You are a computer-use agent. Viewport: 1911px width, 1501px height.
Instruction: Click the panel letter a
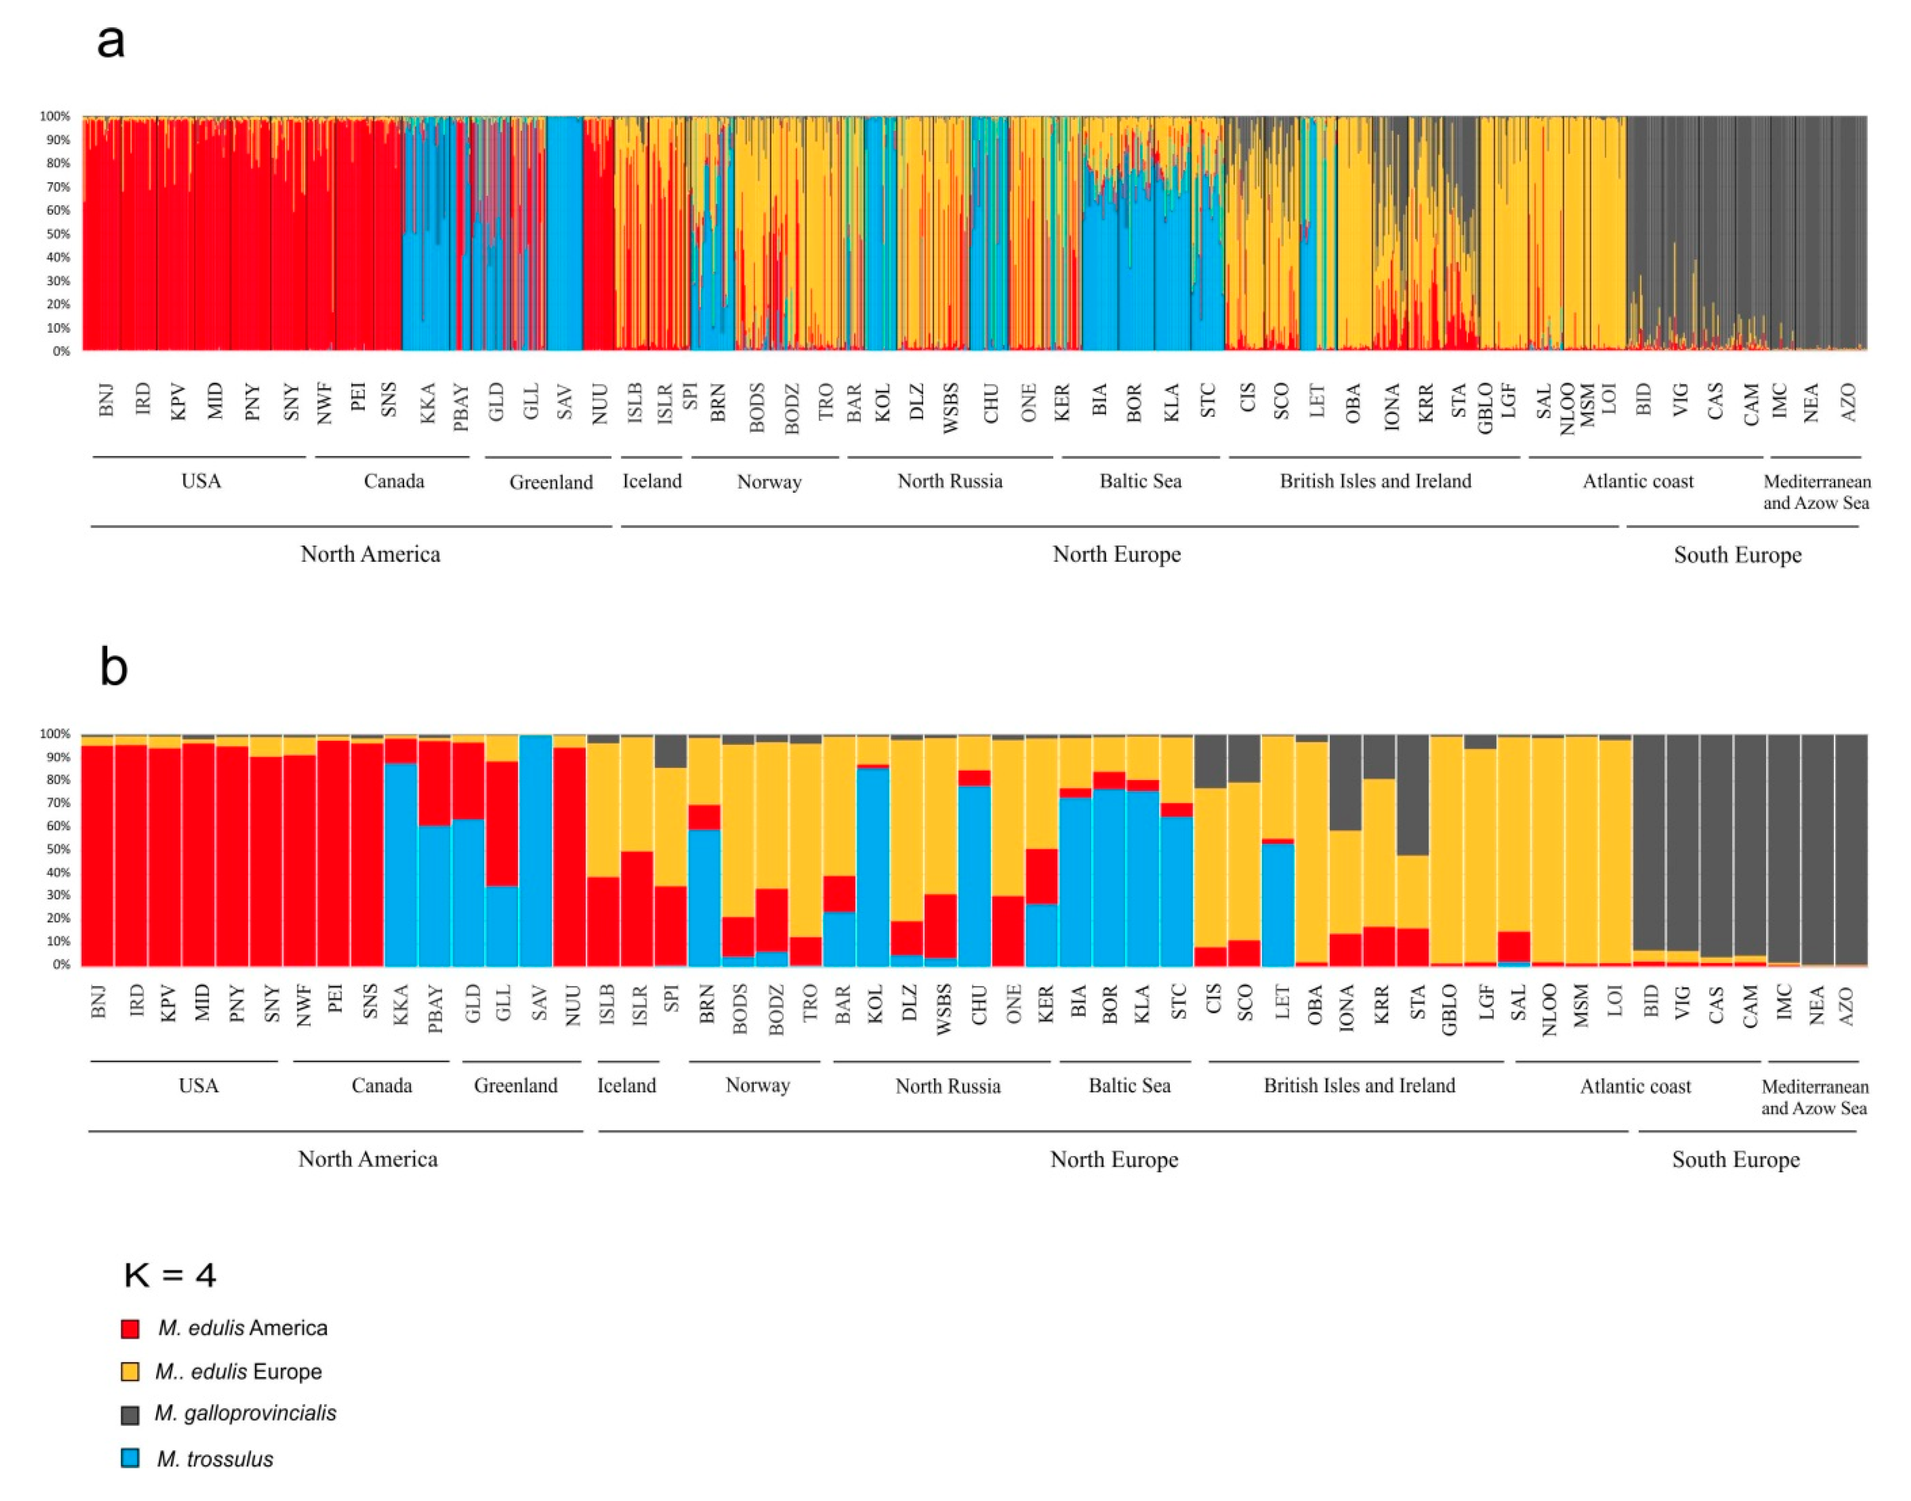[x=111, y=41]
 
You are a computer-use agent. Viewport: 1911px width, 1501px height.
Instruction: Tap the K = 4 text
[x=170, y=1274]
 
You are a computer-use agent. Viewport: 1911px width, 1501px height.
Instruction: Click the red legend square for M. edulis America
[x=130, y=1328]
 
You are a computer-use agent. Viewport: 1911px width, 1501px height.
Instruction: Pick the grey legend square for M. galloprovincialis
[x=130, y=1414]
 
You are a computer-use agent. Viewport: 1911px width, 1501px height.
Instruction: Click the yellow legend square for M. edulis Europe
[x=130, y=1371]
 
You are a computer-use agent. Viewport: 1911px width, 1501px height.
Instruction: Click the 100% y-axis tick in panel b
[x=55, y=734]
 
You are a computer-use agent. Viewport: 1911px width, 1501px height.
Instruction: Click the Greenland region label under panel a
[x=551, y=482]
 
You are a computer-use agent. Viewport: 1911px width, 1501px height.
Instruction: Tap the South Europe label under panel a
[x=1737, y=554]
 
